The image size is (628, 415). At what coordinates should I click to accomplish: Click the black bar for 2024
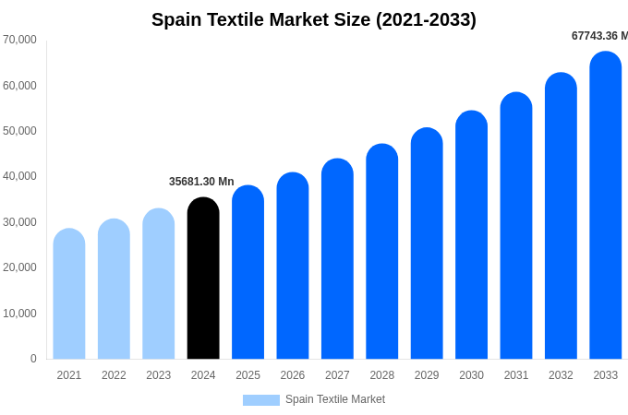(x=203, y=279)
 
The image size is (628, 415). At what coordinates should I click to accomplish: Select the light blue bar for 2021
(x=69, y=294)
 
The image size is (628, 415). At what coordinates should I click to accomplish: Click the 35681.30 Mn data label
(x=201, y=182)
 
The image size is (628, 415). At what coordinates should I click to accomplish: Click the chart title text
(x=314, y=19)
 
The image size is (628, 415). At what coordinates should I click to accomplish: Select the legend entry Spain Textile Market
(x=334, y=399)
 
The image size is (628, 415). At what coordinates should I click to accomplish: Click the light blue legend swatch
(x=261, y=400)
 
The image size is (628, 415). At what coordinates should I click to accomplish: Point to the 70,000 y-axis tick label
(x=19, y=40)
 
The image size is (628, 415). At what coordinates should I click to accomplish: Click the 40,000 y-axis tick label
(x=19, y=176)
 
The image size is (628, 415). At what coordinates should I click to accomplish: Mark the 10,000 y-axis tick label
(x=19, y=314)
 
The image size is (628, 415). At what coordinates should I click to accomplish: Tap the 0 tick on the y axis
(x=33, y=359)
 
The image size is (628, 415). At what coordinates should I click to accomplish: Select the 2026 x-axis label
(x=293, y=375)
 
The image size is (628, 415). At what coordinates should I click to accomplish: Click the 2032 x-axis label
(x=561, y=375)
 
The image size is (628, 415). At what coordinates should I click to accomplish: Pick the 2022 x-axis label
(x=114, y=375)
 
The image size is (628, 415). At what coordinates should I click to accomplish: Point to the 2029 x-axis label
(x=427, y=375)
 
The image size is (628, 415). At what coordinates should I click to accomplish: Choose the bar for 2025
(x=248, y=273)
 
